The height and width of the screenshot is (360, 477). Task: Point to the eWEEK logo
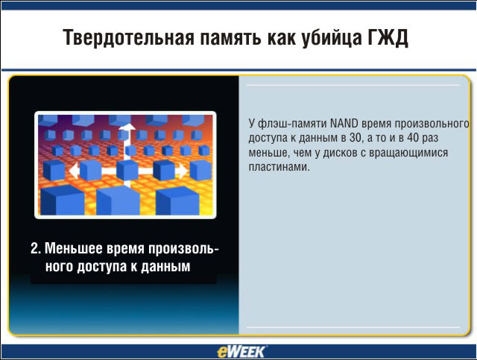pos(241,352)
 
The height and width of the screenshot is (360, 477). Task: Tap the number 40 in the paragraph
pos(413,138)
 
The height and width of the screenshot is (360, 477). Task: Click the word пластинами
pos(279,167)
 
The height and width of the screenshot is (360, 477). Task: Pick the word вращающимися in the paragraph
pos(408,153)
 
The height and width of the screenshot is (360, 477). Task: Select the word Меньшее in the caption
pos(73,248)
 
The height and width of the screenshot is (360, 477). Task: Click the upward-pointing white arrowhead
pos(127,126)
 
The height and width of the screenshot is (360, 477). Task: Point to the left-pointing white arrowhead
pos(73,171)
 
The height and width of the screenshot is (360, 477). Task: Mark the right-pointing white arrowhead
pos(182,171)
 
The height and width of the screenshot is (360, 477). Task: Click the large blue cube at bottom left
pos(63,200)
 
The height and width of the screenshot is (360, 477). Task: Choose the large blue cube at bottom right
pos(177,200)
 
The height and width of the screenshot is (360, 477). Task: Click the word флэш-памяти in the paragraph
pos(292,124)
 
